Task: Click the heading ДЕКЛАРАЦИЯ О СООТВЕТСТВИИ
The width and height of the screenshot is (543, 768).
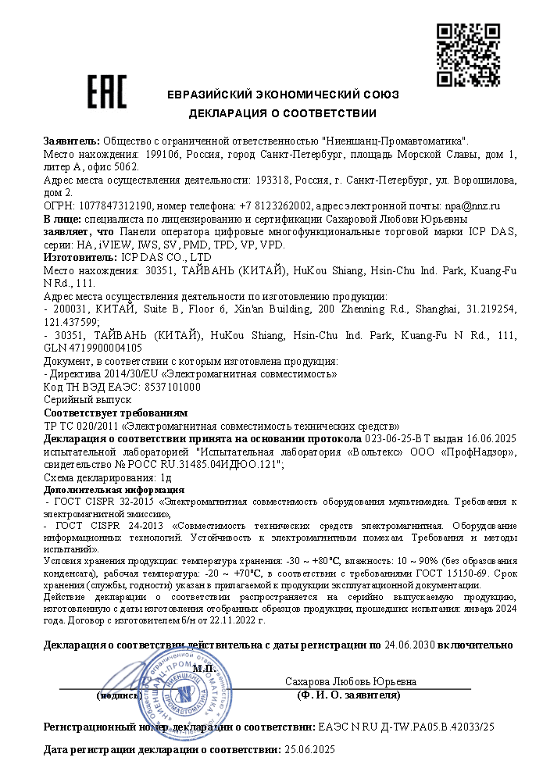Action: click(282, 113)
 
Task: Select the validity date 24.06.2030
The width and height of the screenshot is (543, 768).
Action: click(410, 645)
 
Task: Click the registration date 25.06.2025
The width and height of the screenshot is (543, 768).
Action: click(309, 749)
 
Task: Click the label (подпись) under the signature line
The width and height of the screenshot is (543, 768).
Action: click(119, 695)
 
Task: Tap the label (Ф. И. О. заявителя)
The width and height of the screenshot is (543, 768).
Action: click(348, 695)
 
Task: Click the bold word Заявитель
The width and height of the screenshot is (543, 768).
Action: click(71, 141)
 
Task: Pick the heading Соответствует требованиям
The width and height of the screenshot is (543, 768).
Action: click(116, 413)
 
